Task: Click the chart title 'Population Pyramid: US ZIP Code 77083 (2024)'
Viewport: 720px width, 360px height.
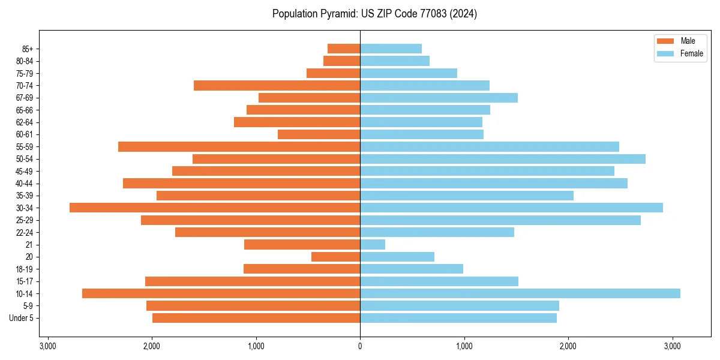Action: pos(374,14)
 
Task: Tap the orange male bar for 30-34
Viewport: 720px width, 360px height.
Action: pos(215,208)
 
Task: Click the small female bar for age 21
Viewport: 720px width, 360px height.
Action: pos(373,245)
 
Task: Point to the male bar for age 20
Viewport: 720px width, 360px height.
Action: pos(335,257)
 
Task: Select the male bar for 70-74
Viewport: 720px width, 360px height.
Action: pos(277,86)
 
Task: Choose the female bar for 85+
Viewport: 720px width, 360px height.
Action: pos(391,49)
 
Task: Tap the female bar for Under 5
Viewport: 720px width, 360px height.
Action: pos(458,318)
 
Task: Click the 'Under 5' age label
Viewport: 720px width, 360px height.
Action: pos(22,318)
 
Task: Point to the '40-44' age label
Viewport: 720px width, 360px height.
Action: pos(24,184)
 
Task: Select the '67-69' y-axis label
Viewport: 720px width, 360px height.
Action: pos(24,98)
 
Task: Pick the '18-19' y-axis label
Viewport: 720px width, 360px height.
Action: pos(24,269)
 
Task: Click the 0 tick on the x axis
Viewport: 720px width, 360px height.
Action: pos(360,346)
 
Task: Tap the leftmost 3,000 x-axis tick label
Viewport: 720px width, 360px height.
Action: pos(47,346)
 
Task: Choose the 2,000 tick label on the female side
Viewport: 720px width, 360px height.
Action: pos(568,346)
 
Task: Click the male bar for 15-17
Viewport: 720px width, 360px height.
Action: pos(253,281)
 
